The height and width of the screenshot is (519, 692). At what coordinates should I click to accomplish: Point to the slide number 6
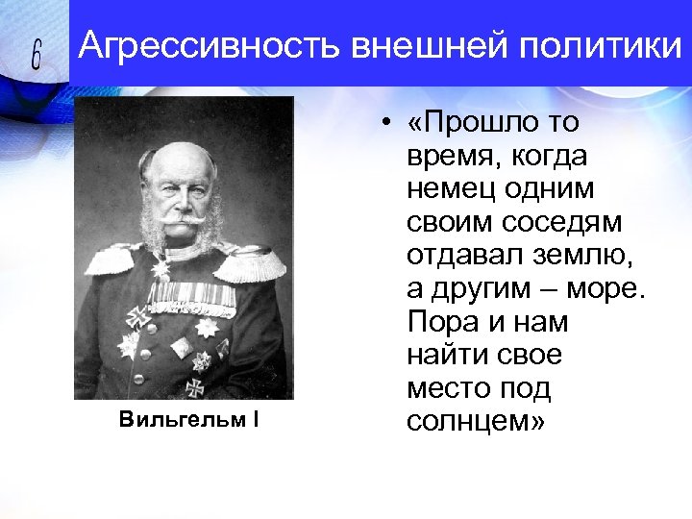37,57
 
